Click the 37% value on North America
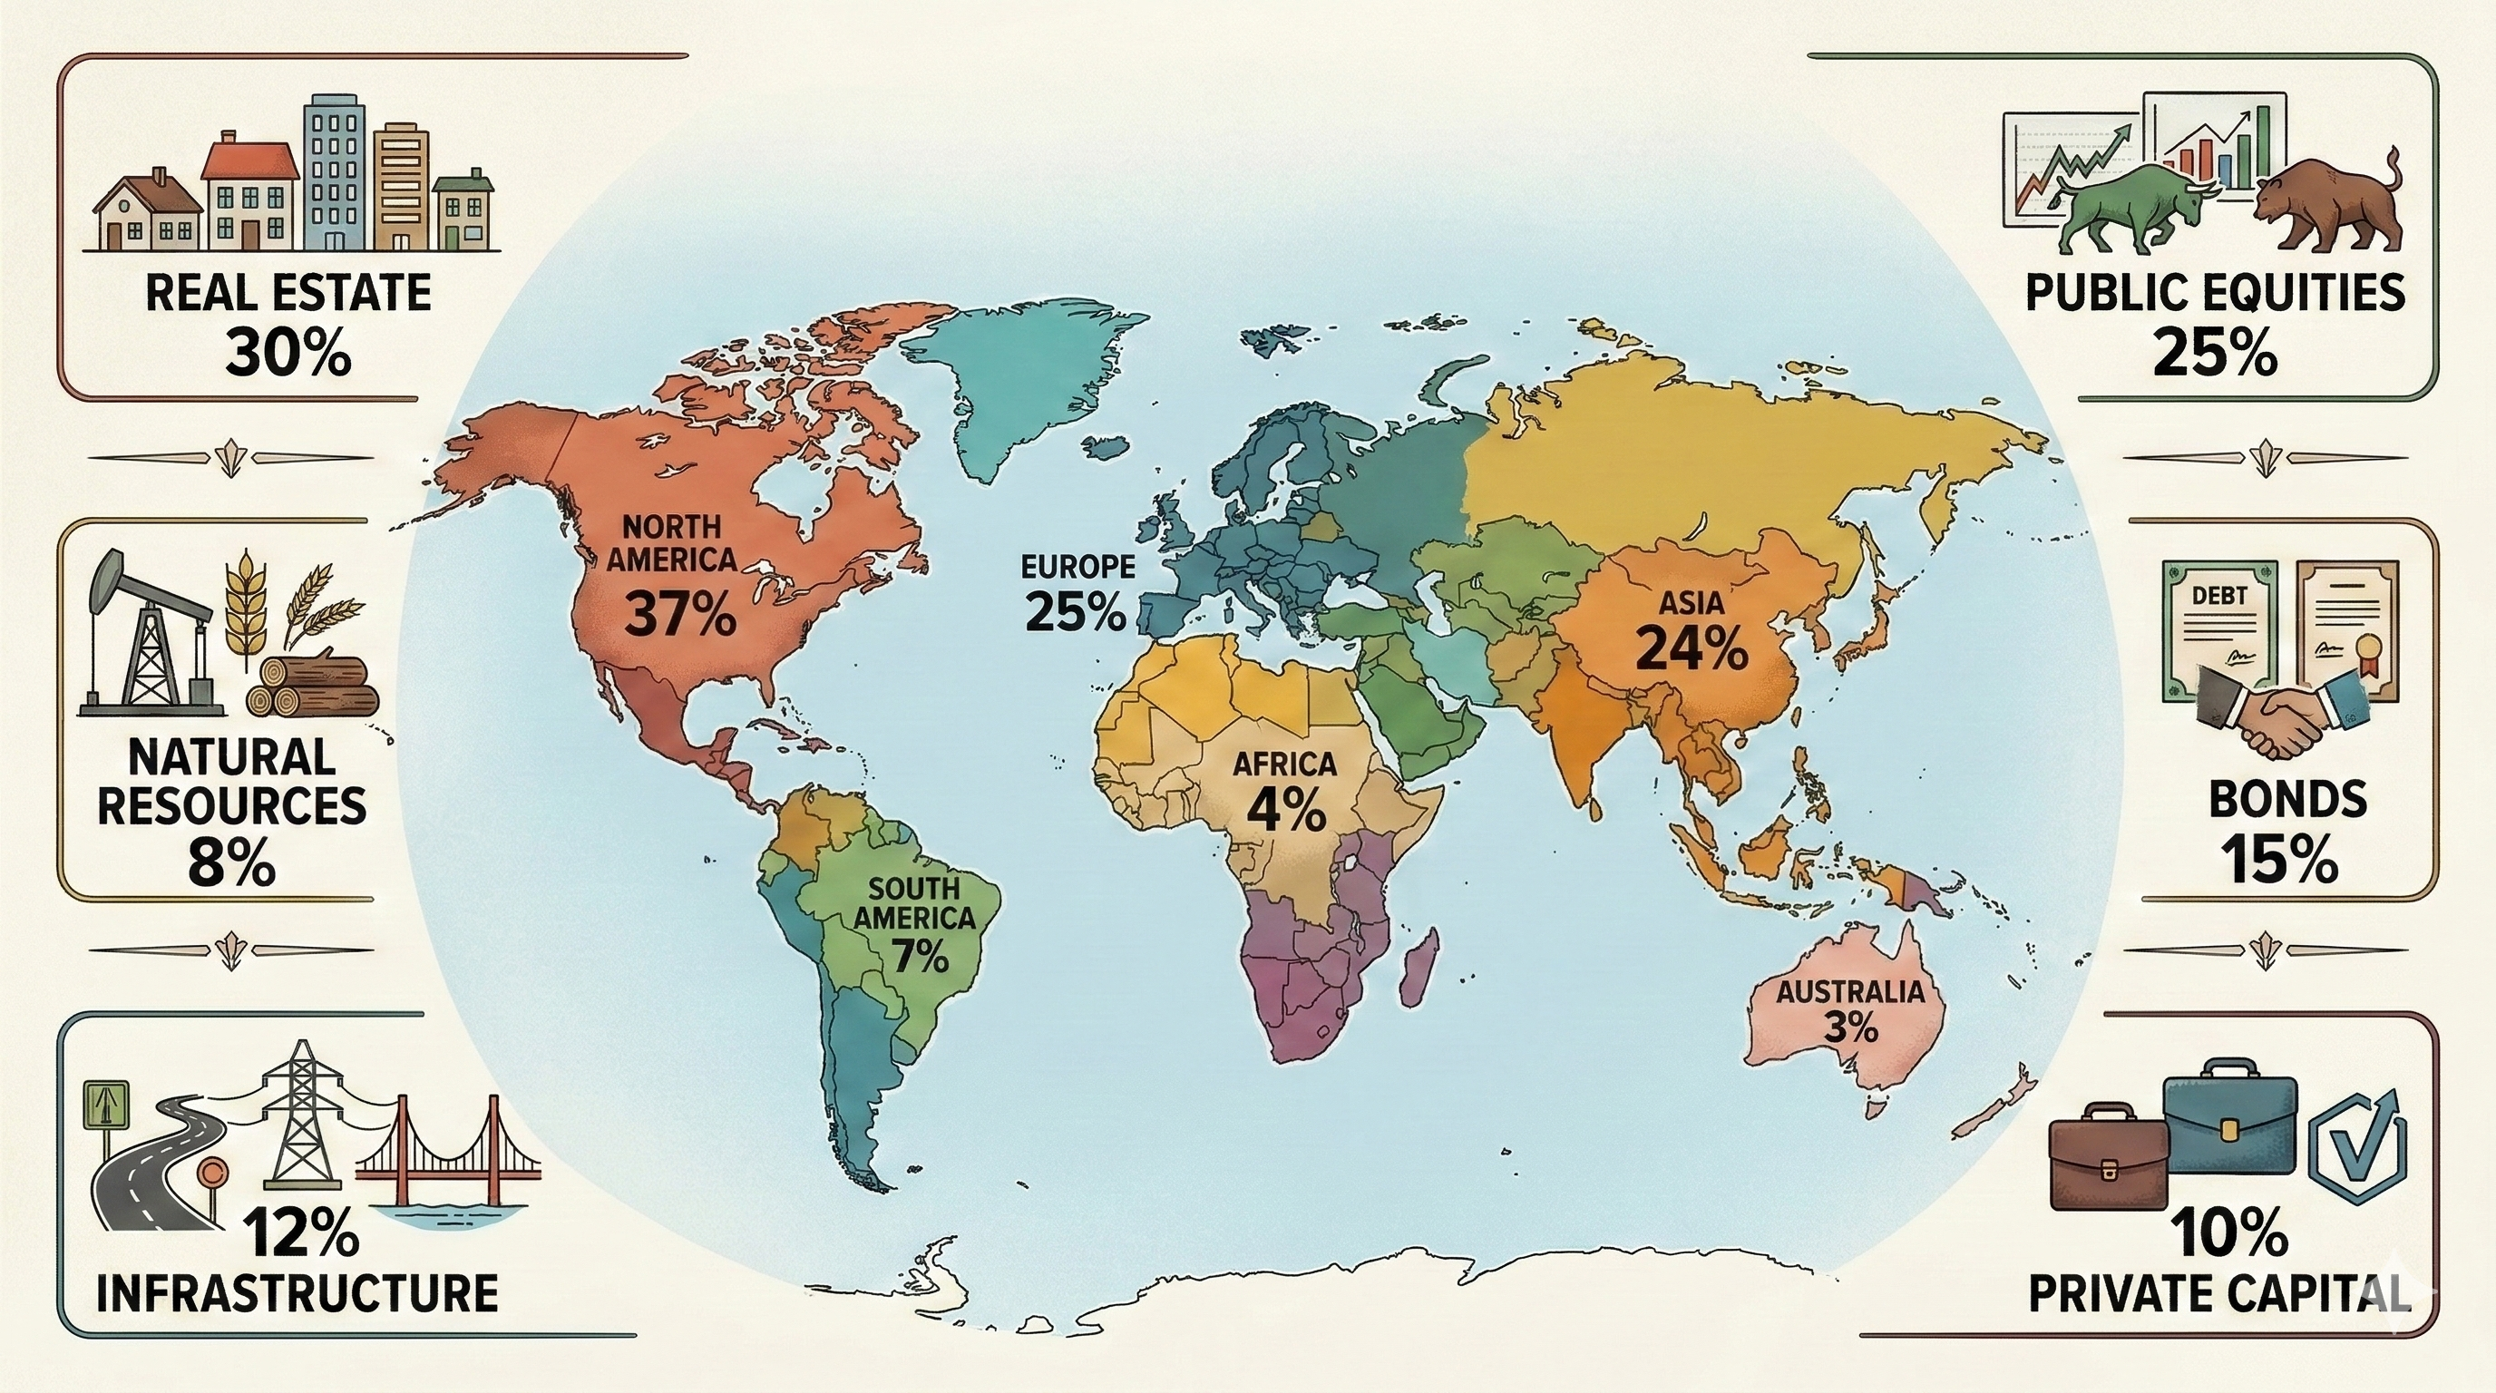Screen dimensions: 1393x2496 click(x=680, y=614)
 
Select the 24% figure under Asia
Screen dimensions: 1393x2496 click(x=1691, y=648)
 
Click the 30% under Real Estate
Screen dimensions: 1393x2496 click(x=288, y=355)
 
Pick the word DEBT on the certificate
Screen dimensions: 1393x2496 click(x=2218, y=597)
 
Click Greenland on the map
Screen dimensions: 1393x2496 click(x=1018, y=387)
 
